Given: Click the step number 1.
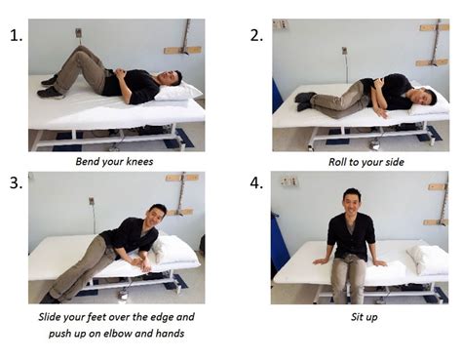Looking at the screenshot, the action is click(17, 35).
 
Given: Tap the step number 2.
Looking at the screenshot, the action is click(256, 35).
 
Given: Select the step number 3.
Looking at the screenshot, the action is click(17, 183).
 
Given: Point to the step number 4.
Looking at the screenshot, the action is click(256, 183).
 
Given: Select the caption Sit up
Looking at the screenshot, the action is click(364, 317).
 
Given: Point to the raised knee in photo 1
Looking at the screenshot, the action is click(82, 52).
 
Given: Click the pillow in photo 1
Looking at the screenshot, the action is click(178, 91).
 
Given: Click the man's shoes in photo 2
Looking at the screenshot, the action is click(305, 101).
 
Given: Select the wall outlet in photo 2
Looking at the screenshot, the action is click(344, 51).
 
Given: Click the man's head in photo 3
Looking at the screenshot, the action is click(156, 216).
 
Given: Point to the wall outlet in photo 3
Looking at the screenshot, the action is click(92, 201).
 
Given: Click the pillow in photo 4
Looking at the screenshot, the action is click(427, 259).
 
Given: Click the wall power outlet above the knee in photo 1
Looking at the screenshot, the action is click(79, 32).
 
